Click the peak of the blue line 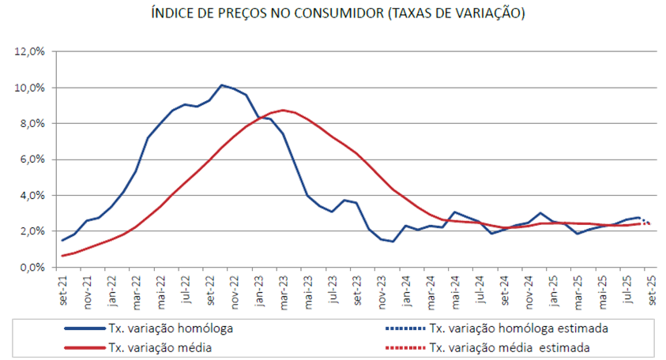point(222,84)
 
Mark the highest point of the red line point(283,110)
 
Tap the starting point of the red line point(62,256)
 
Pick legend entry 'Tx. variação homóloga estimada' point(517,328)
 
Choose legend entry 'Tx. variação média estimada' point(510,347)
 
